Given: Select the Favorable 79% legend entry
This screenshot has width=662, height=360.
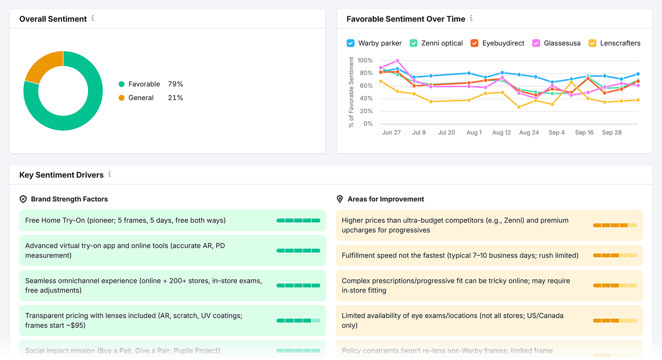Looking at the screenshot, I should tap(151, 84).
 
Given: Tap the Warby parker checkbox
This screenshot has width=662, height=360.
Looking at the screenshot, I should tap(350, 43).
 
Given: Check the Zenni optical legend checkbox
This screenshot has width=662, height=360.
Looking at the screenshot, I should tap(413, 43).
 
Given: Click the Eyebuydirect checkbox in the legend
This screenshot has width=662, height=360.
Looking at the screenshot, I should tap(475, 43).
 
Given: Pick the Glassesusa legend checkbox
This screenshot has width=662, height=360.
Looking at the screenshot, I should tap(536, 43).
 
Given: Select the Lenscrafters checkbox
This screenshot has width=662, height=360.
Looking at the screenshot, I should tap(592, 43).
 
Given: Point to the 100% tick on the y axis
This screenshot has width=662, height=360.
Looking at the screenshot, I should tap(365, 60).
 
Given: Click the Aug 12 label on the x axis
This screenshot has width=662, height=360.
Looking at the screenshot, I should tap(501, 132).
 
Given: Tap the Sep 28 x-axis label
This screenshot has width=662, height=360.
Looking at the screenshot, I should tap(612, 132).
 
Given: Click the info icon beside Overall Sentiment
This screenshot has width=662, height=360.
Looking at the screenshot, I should tap(93, 18).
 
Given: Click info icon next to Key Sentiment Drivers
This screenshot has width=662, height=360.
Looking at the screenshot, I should tap(110, 174).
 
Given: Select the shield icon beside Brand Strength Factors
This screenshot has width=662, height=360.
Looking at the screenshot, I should tap(23, 199).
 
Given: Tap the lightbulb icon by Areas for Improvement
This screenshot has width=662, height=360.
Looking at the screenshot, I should tap(340, 199).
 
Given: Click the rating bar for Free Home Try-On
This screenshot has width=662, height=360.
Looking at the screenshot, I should tap(298, 221).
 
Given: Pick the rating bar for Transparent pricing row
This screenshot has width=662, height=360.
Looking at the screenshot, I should tap(298, 321).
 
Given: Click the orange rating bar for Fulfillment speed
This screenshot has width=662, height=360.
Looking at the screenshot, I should tap(615, 255).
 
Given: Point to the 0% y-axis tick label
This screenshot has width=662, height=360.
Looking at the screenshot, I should tap(368, 124).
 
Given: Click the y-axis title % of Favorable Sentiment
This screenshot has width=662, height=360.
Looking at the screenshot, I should tap(351, 92).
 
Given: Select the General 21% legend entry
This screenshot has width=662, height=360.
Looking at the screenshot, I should tap(151, 98).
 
